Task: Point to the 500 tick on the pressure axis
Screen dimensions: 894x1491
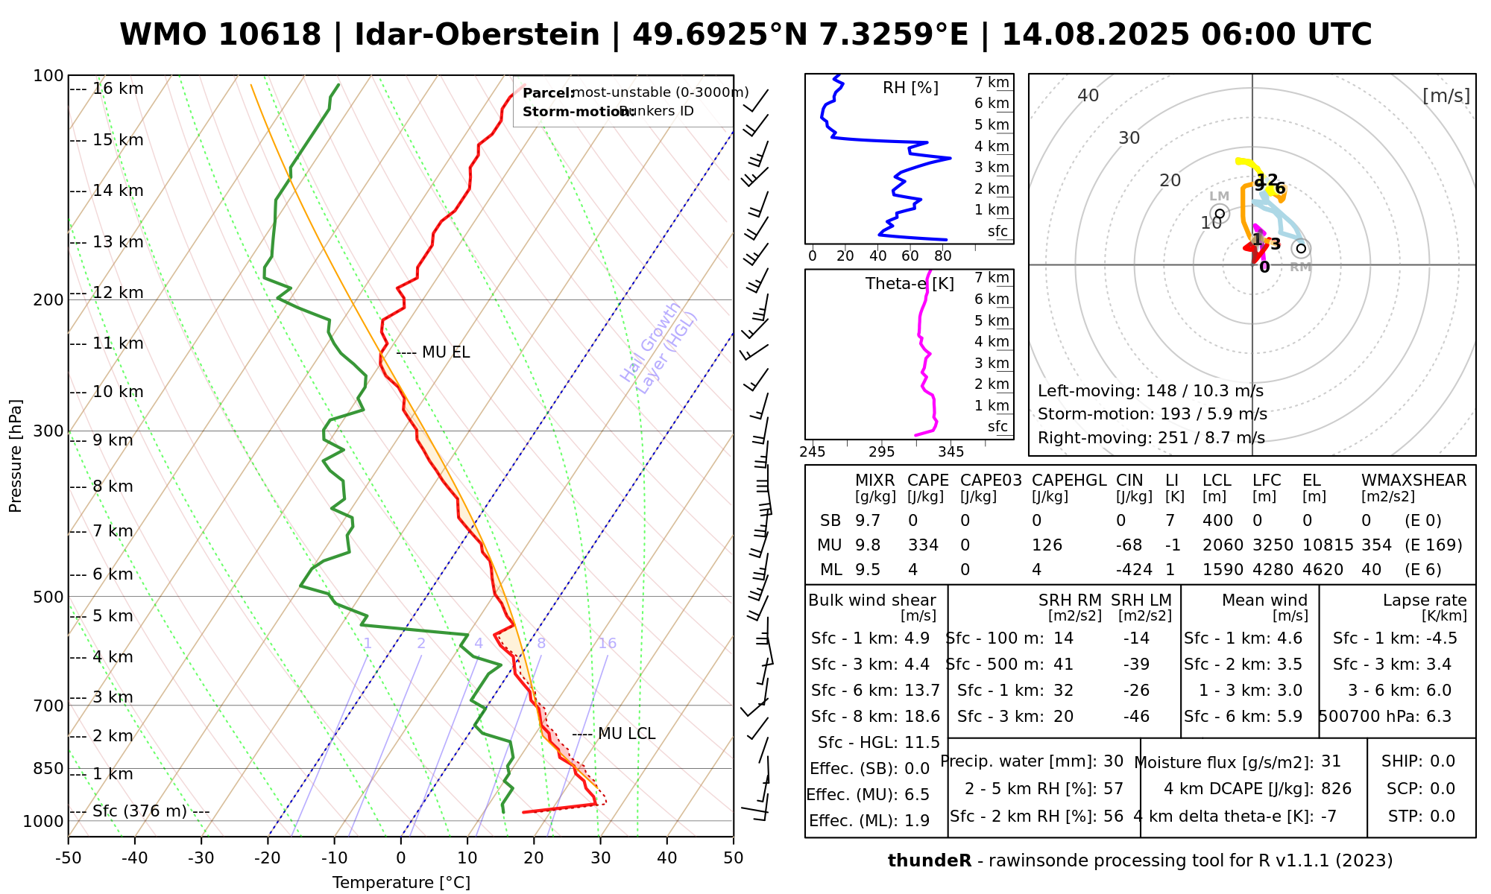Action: coord(48,597)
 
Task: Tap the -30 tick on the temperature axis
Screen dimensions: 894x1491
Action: coord(201,858)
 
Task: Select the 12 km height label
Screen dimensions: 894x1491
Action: coord(118,293)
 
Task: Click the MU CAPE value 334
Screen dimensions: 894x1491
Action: coord(923,545)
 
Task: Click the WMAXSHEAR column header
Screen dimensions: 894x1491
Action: coord(1413,481)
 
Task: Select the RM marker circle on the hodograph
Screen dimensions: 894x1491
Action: coord(1301,249)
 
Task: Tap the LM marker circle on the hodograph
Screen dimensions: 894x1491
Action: coord(1220,214)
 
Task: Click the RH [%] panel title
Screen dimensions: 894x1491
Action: coord(910,88)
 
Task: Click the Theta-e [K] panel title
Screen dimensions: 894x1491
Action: coord(910,284)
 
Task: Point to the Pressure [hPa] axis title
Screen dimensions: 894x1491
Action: coord(16,456)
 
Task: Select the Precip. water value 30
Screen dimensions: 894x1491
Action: coord(1113,761)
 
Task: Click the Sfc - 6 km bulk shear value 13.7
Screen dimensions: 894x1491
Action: coord(922,691)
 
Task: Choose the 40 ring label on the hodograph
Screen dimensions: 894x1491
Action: coord(1088,95)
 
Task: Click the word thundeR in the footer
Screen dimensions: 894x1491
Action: coord(930,861)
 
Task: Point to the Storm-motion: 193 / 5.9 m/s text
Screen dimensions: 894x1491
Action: coord(1152,414)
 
